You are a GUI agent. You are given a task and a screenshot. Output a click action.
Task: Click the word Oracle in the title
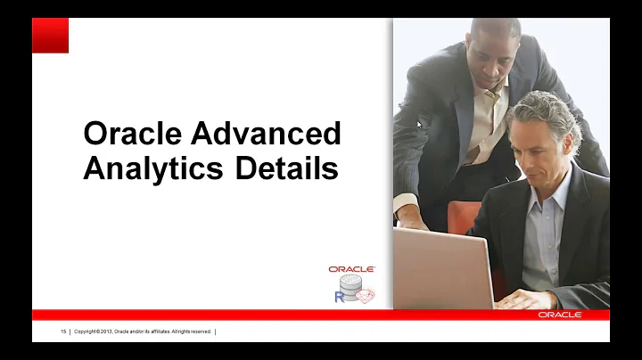pos(133,134)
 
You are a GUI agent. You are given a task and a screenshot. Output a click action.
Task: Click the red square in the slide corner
pos(50,36)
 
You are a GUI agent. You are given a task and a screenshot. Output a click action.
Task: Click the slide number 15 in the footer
pos(63,331)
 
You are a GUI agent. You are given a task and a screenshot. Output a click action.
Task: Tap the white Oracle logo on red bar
pos(559,315)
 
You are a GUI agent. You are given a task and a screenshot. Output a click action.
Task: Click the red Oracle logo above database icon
pos(351,269)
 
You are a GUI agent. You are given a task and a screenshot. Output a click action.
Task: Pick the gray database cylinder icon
pos(350,287)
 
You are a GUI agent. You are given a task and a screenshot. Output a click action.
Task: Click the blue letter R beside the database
pos(339,297)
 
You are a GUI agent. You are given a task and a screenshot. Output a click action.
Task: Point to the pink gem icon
pos(366,295)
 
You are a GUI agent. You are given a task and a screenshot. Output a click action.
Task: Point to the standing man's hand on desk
pos(412,217)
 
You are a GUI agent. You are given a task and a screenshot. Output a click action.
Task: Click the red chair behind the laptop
pos(464,217)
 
